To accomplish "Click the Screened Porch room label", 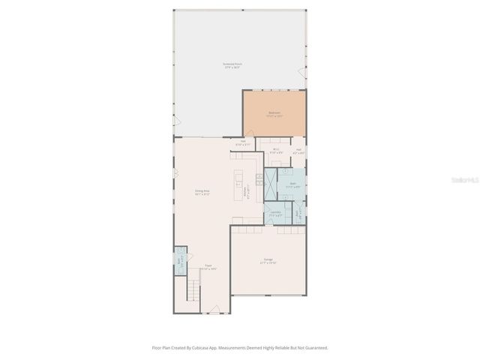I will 232,65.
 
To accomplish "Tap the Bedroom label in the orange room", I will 274,114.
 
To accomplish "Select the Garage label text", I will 268,262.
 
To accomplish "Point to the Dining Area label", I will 202,193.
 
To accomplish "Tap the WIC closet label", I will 276,150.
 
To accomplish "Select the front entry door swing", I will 214,309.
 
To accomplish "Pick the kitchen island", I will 239,184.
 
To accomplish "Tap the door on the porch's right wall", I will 302,73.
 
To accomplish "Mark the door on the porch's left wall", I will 177,121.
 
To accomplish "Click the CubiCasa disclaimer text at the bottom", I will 240,348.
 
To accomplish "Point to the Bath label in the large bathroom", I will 292,185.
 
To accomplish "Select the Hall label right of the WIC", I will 298,150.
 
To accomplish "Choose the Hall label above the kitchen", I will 242,142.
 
